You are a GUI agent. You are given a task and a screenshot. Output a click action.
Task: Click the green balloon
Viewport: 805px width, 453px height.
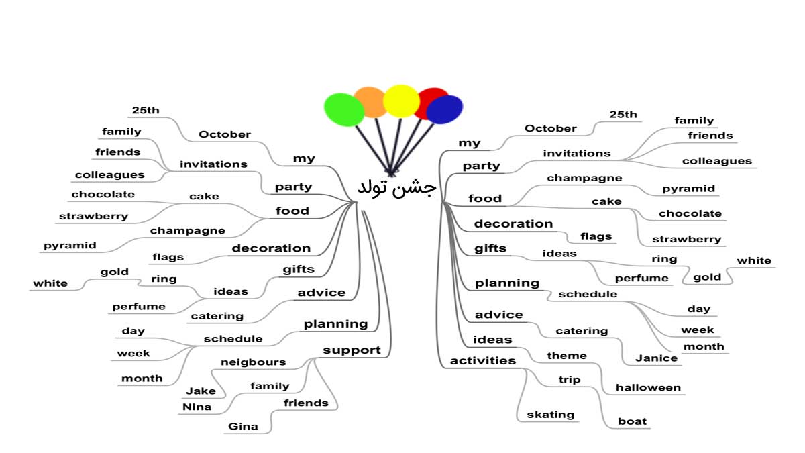click(344, 109)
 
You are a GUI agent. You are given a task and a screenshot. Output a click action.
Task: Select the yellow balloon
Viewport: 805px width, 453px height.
click(401, 101)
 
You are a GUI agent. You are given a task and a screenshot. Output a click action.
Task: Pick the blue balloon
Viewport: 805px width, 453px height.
click(445, 109)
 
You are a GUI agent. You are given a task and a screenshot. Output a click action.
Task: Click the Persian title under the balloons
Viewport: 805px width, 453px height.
click(396, 187)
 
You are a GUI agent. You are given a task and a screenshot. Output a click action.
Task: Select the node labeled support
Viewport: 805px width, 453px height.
click(352, 350)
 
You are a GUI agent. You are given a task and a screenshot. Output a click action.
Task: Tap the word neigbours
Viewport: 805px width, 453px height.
click(254, 362)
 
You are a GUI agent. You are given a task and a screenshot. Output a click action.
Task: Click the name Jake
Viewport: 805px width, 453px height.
click(201, 391)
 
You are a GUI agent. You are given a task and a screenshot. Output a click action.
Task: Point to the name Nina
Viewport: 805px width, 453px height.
click(197, 407)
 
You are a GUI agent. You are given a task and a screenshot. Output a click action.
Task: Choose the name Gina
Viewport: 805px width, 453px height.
click(243, 426)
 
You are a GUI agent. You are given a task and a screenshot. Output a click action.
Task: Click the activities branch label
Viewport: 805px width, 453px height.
click(482, 360)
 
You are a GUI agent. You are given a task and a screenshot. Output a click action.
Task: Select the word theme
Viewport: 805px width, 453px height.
click(567, 356)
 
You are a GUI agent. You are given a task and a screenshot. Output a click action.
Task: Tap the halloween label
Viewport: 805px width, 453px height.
click(648, 387)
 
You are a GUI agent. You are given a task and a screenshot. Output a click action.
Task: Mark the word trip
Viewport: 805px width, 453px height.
click(570, 380)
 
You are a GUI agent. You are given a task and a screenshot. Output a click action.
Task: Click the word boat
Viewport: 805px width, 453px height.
click(632, 421)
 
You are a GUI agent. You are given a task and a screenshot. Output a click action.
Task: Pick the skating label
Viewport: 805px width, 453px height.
click(550, 415)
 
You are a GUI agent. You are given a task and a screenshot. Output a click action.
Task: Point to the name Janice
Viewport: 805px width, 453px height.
click(656, 358)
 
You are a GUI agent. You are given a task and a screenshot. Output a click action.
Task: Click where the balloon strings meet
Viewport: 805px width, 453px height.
click(391, 173)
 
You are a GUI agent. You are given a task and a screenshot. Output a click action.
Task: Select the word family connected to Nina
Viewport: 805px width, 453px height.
click(270, 386)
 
